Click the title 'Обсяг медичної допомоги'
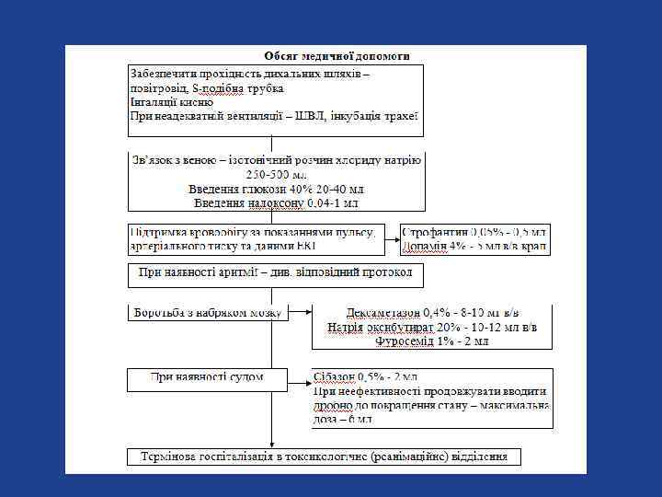click(x=337, y=56)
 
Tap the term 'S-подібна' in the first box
click(x=217, y=87)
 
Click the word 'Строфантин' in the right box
click(x=436, y=232)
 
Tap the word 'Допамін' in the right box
click(x=429, y=246)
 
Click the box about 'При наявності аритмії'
click(x=275, y=273)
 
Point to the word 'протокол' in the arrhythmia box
click(x=388, y=273)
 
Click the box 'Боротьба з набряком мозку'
click(x=207, y=312)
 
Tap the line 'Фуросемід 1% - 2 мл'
click(x=431, y=341)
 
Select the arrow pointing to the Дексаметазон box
click(x=301, y=312)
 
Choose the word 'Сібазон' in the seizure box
click(x=335, y=376)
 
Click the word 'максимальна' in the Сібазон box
click(x=512, y=405)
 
